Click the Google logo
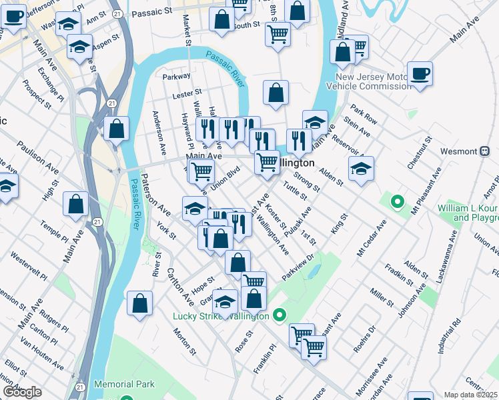point(21,392)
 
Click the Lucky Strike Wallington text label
point(220,316)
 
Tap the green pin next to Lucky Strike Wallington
point(280,315)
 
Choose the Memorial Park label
point(124,384)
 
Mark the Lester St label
point(187,95)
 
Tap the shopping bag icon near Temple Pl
point(76,204)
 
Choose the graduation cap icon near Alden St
point(361,168)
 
